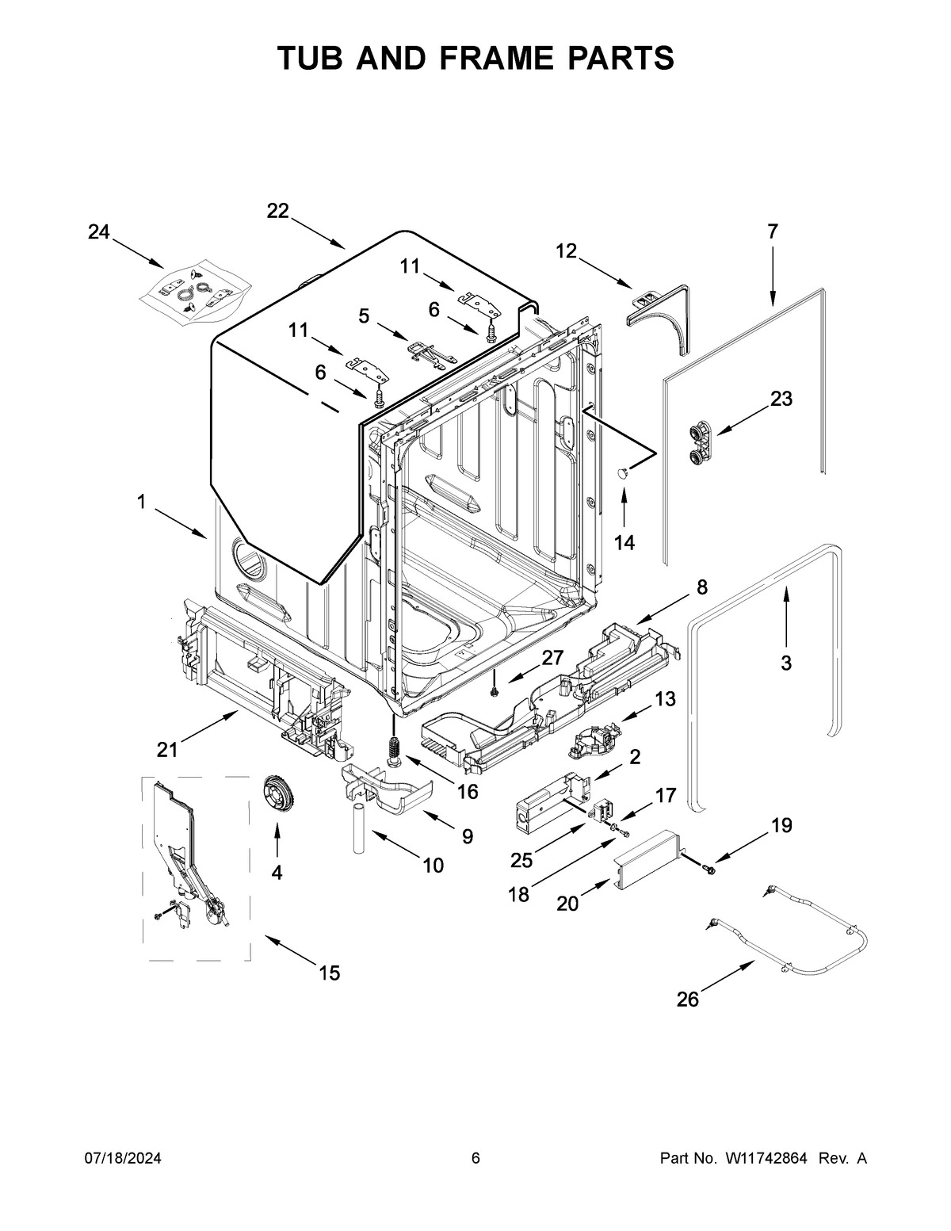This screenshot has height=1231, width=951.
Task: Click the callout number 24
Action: pyautogui.click(x=98, y=232)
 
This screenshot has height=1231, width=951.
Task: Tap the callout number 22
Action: pyautogui.click(x=277, y=211)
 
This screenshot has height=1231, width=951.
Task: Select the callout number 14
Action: pyautogui.click(x=624, y=542)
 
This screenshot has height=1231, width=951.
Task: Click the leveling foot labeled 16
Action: pyautogui.click(x=393, y=749)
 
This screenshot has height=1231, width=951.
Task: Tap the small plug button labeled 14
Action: pyautogui.click(x=623, y=472)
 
